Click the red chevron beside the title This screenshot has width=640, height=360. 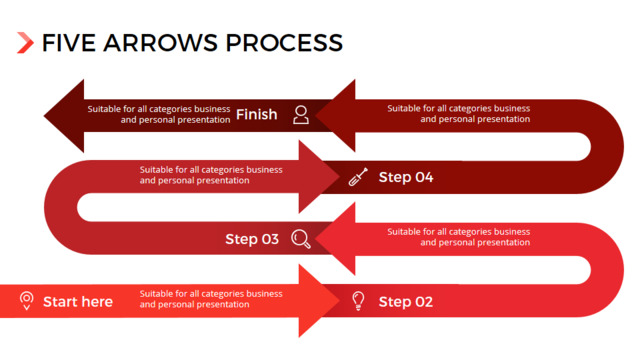point(25,42)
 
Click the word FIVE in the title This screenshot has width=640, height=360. point(69,43)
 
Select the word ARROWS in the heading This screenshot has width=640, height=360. point(160,43)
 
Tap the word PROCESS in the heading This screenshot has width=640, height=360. point(284,43)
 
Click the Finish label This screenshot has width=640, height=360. point(256,115)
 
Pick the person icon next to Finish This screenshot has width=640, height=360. point(301,115)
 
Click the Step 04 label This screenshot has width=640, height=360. point(406,177)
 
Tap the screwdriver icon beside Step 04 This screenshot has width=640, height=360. point(358,177)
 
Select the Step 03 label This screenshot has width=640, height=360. point(252,239)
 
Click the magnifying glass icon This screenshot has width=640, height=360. point(301,239)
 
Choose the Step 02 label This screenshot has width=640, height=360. point(406,302)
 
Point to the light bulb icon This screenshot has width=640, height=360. point(358,301)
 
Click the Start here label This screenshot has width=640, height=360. point(78,302)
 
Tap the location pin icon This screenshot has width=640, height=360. point(27,301)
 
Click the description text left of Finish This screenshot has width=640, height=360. point(159,114)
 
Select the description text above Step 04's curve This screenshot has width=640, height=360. point(458,113)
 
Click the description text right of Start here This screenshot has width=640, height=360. point(211,299)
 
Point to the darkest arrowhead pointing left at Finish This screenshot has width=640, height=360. point(64,116)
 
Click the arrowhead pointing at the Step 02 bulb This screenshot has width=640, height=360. point(319,301)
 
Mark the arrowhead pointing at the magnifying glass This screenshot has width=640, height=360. point(336,239)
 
